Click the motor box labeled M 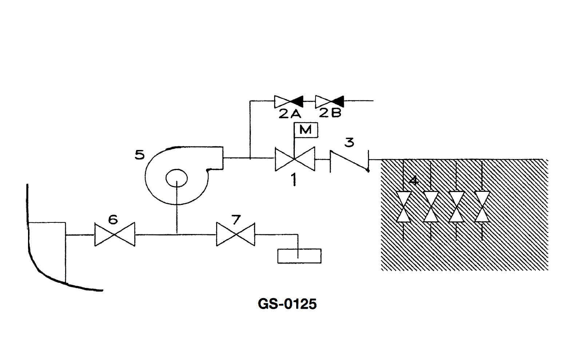click(306, 130)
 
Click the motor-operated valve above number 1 click(295, 159)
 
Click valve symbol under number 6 click(115, 234)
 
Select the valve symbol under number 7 click(235, 234)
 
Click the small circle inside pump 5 click(177, 178)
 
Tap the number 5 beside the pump click(140, 155)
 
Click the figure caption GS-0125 click(287, 304)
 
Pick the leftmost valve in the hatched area click(404, 206)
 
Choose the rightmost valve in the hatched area click(482, 206)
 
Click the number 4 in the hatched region click(413, 181)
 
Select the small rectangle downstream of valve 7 click(299, 256)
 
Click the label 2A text click(290, 114)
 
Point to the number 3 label click(349, 142)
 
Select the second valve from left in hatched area click(431, 206)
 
